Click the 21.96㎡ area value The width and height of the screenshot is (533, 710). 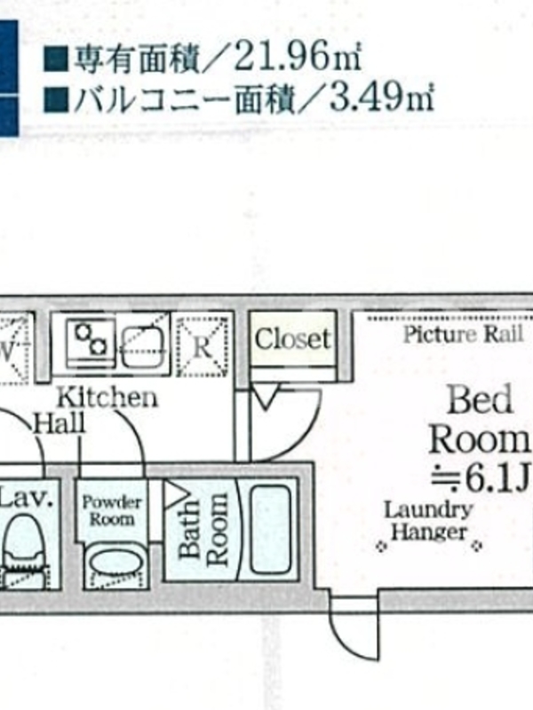coord(297,57)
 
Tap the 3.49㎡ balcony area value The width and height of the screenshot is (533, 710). coord(381,97)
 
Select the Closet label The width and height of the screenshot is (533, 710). coord(293,338)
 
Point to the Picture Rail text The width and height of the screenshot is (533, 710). coord(463,335)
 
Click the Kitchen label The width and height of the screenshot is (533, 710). coord(107,397)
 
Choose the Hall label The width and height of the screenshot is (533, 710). coord(60,424)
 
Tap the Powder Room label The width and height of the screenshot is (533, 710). coord(112,510)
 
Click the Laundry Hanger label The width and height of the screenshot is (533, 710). coord(429,521)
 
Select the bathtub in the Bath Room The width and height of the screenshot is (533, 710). coord(270,529)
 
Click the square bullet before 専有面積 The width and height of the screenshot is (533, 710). coord(56,59)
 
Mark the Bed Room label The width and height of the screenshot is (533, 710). coord(481,420)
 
